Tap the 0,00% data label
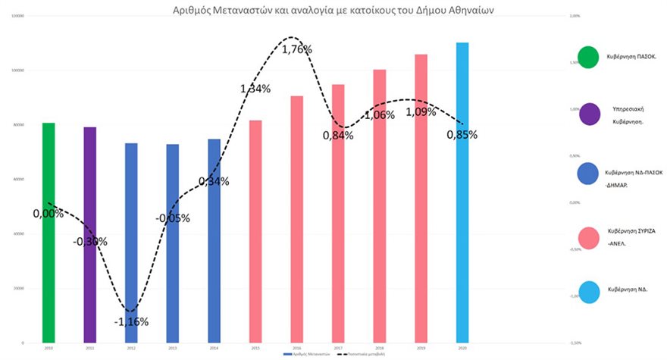(x=49, y=214)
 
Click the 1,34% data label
(x=255, y=89)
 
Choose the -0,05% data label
(x=173, y=218)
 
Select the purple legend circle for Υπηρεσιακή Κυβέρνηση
(x=589, y=114)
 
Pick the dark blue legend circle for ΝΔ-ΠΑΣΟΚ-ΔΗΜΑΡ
(x=589, y=175)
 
